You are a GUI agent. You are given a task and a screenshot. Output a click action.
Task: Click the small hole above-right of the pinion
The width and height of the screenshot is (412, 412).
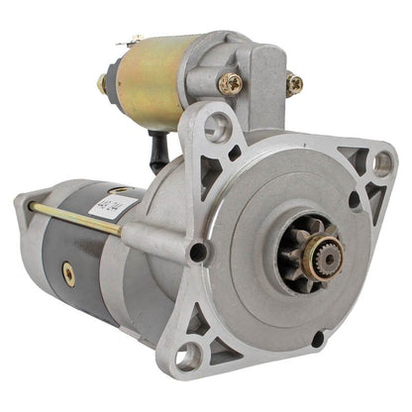tap(355, 200)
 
